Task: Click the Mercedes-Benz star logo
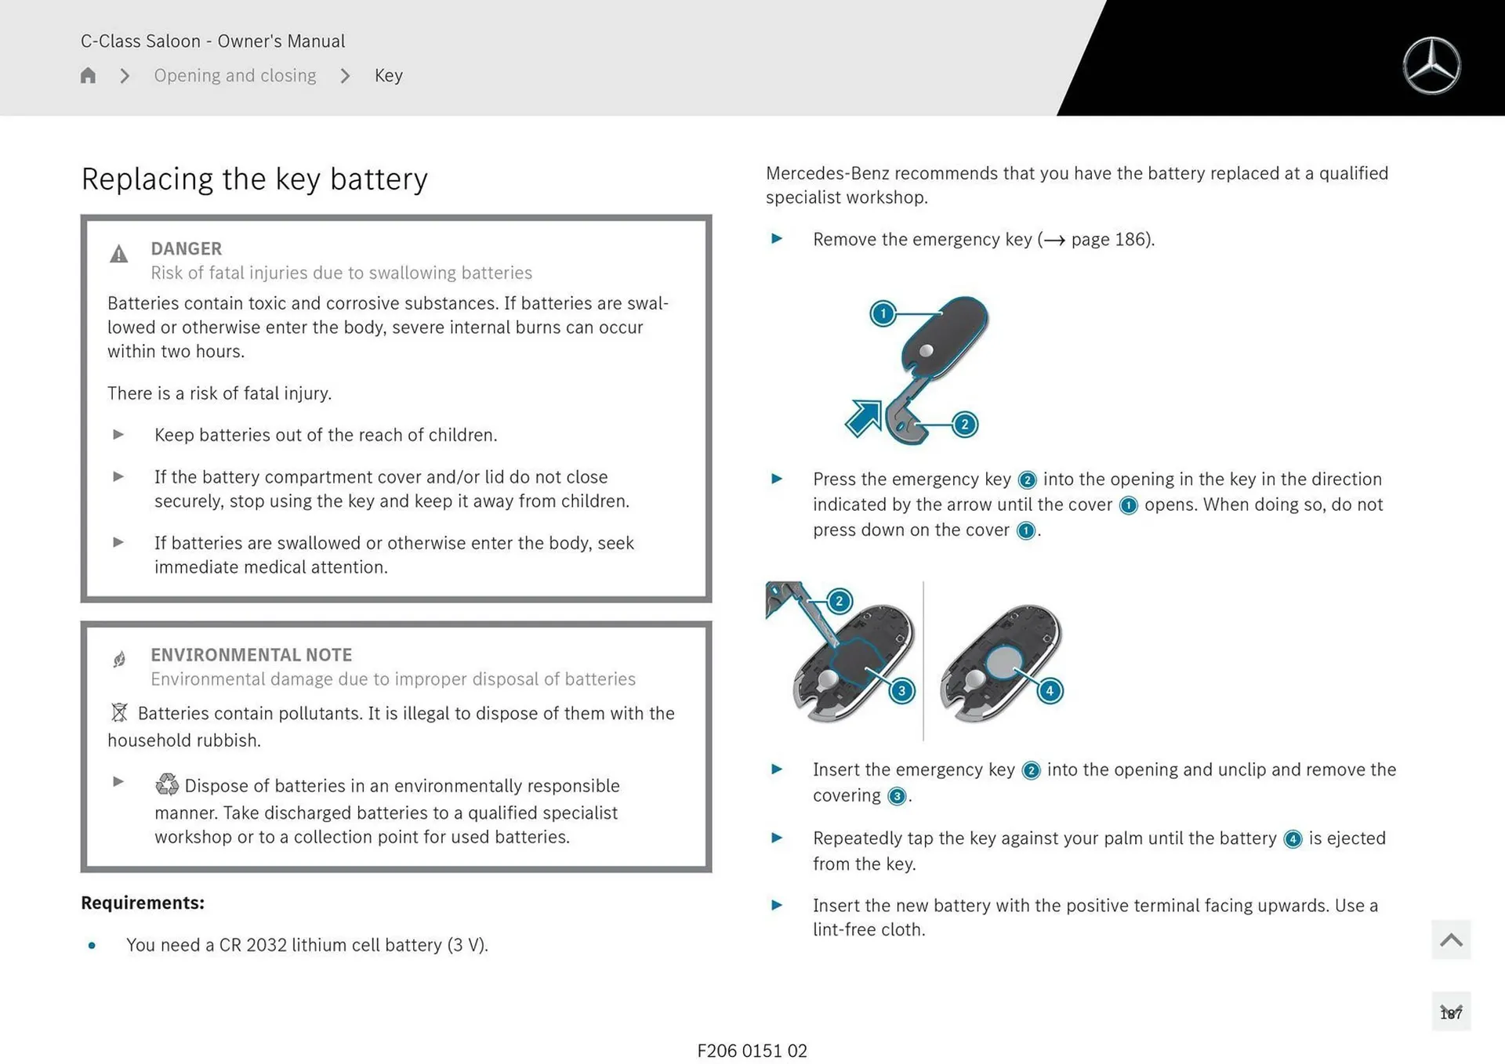click(1431, 66)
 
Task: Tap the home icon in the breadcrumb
click(88, 75)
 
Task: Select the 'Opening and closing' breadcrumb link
click(234, 75)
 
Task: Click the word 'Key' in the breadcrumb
click(388, 75)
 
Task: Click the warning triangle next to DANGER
click(118, 254)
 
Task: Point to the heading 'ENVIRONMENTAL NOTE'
click(251, 654)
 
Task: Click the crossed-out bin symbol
click(119, 712)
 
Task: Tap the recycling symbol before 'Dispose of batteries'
click(167, 784)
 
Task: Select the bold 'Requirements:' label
click(143, 903)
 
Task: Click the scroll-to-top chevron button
click(1450, 939)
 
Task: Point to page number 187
click(1450, 1013)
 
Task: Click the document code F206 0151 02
click(752, 1051)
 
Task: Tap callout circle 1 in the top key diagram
click(883, 314)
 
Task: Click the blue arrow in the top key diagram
click(864, 418)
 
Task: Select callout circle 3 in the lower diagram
click(901, 690)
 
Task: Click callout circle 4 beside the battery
click(1050, 690)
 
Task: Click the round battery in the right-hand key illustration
click(1003, 662)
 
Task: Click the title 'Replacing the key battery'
click(255, 179)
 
